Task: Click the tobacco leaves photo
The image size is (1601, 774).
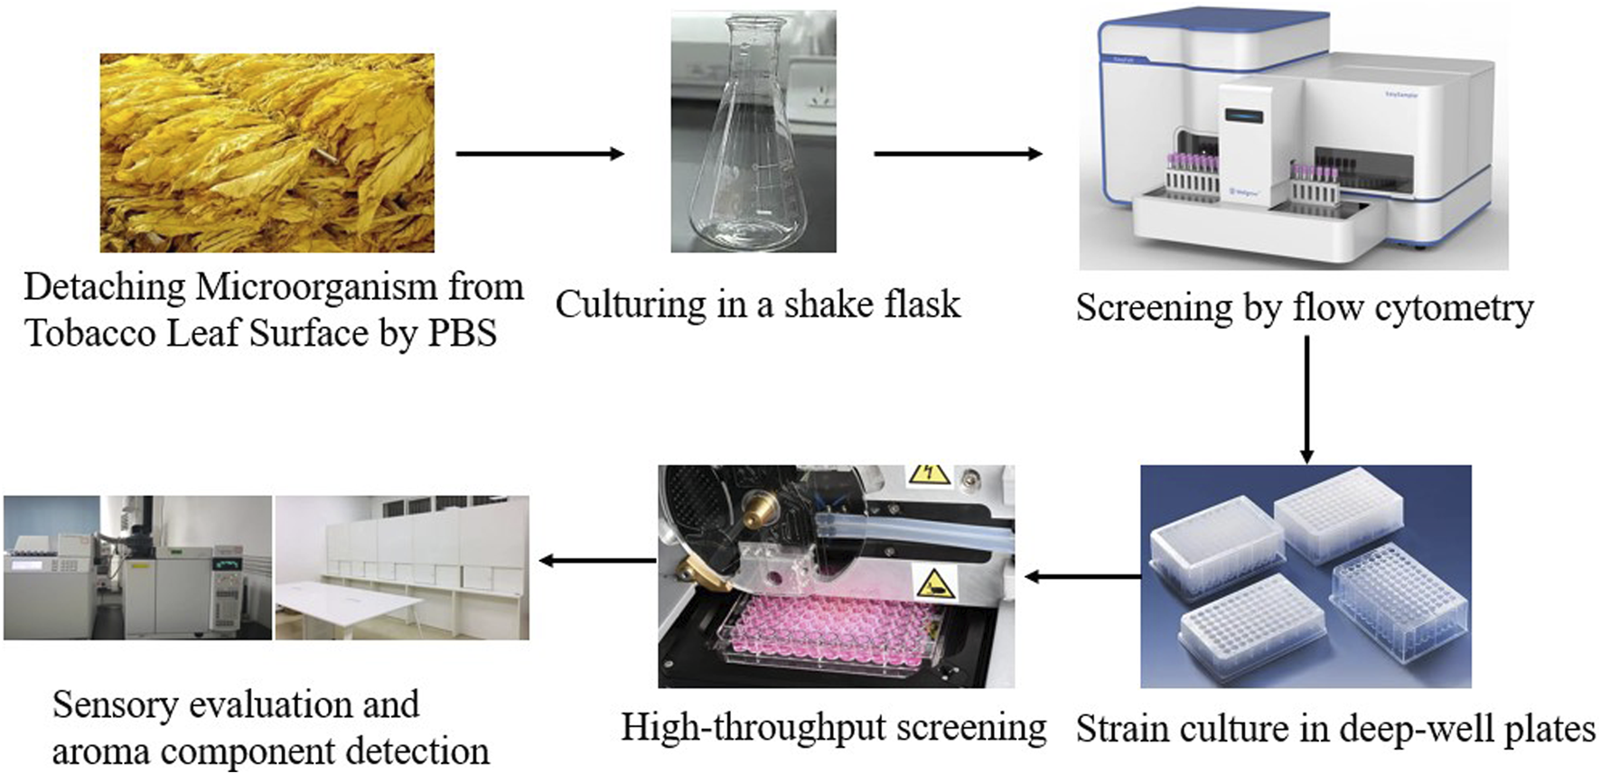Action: [x=267, y=153]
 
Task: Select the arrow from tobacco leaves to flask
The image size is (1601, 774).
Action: [x=539, y=154]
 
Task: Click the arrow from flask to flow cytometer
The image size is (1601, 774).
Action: [x=958, y=154]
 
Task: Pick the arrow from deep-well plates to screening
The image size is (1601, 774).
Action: [x=1081, y=575]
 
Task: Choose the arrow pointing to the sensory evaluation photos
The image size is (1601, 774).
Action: [x=596, y=561]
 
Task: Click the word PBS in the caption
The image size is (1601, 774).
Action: [x=462, y=333]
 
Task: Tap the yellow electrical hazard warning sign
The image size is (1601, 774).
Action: [x=928, y=475]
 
